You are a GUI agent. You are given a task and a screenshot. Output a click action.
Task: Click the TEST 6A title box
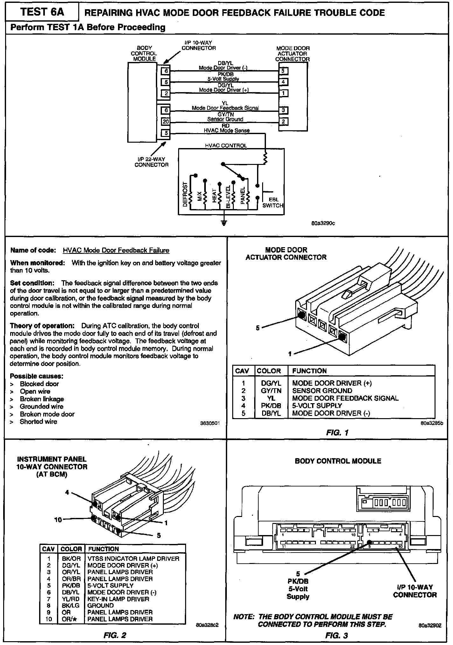click(x=42, y=12)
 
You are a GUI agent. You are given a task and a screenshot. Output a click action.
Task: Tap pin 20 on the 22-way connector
click(x=165, y=121)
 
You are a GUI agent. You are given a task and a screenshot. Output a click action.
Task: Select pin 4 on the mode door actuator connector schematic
click(x=283, y=82)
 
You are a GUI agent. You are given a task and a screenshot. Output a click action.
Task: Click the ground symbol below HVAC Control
click(x=224, y=222)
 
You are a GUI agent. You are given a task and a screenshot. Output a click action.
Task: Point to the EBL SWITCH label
click(x=273, y=202)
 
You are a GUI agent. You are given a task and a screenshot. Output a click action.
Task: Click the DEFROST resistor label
click(x=185, y=195)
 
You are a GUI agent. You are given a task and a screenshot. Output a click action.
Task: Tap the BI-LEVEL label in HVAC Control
click(x=228, y=197)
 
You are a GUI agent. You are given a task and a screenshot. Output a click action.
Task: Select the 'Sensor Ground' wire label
click(x=225, y=119)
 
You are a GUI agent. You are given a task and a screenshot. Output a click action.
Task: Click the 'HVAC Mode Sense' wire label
click(x=226, y=130)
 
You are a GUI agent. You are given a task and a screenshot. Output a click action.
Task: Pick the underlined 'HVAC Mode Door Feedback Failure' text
click(x=116, y=250)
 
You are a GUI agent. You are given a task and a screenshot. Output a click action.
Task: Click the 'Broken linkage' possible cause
click(x=42, y=399)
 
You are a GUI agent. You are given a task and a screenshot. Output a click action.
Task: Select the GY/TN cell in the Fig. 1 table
click(x=271, y=390)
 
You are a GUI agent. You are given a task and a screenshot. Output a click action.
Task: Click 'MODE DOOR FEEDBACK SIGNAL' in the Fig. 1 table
click(x=345, y=398)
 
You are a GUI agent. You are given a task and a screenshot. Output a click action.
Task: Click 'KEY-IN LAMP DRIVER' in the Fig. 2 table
click(x=118, y=599)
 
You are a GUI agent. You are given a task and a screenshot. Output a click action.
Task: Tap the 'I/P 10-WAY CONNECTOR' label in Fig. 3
click(x=415, y=591)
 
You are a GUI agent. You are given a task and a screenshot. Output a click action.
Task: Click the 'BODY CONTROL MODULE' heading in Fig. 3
click(x=338, y=461)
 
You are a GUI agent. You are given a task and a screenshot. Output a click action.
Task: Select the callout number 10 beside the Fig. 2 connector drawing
click(x=58, y=520)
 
